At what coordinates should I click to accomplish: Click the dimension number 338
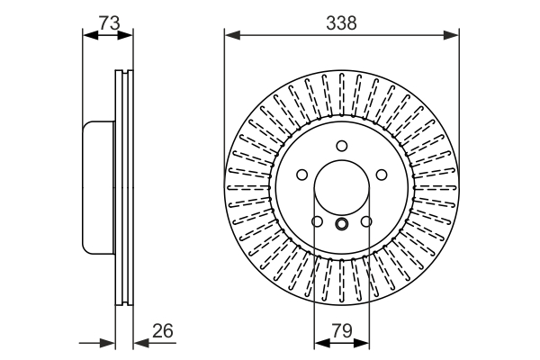[341, 23]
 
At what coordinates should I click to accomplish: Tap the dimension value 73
[109, 23]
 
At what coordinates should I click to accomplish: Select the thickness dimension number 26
[163, 330]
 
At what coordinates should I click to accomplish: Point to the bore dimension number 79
[342, 330]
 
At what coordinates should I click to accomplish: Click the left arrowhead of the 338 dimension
[232, 35]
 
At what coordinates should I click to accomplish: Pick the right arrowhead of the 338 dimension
[451, 35]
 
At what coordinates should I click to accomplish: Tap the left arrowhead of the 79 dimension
[322, 343]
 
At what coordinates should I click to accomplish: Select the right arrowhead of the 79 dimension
[361, 343]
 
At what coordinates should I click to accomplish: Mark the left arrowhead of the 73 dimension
[91, 35]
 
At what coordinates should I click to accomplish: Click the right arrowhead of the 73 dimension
[125, 35]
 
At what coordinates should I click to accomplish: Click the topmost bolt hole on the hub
[342, 146]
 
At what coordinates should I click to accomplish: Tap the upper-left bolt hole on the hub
[301, 175]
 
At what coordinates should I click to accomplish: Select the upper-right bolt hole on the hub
[382, 175]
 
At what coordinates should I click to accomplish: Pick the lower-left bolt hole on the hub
[317, 221]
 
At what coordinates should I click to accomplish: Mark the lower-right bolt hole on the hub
[366, 221]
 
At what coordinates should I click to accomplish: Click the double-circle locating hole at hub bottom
[342, 224]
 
